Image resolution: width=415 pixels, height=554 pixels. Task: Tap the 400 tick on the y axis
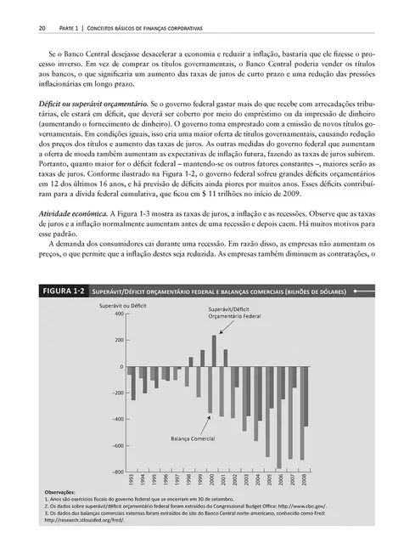(118, 314)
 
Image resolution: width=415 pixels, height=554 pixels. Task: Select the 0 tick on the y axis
(121, 366)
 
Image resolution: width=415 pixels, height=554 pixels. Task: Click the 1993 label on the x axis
(132, 481)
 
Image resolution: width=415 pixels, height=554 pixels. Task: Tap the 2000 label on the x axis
(213, 481)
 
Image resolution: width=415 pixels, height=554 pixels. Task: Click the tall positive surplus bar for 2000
(213, 350)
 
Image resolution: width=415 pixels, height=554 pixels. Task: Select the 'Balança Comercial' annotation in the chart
(191, 438)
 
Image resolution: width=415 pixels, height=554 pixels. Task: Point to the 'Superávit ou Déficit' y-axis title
(125, 303)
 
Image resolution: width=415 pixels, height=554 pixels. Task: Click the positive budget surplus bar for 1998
(190, 361)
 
